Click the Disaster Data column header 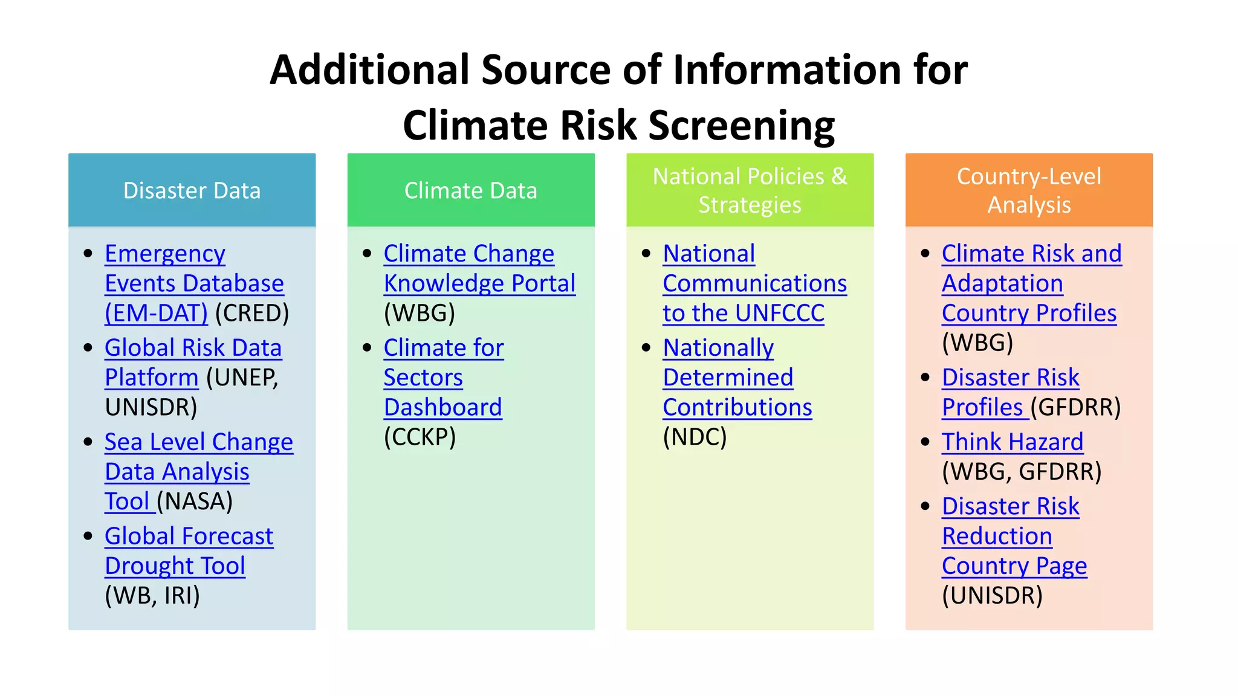point(192,190)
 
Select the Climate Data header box point(470,190)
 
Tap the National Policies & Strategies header point(750,190)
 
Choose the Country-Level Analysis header point(1029,190)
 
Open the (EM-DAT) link point(156,313)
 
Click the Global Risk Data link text point(193,348)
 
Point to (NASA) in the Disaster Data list point(195,501)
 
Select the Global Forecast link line point(189,536)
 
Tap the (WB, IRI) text point(152,596)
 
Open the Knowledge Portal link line point(479,283)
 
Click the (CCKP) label point(420,437)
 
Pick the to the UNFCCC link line point(743,313)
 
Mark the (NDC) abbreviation point(695,437)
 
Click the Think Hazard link point(1012,442)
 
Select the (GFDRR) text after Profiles point(1076,407)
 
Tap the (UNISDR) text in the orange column point(992,596)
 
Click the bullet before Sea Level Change point(88,442)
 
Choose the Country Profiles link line point(1029,313)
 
